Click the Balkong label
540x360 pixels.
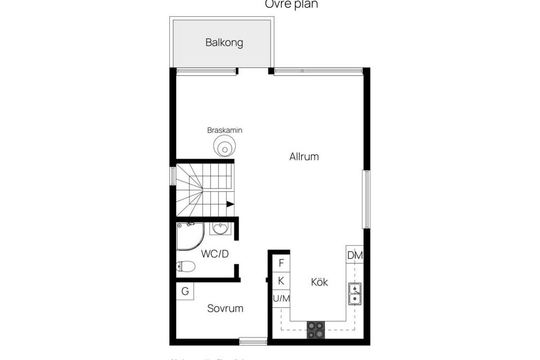click(224, 43)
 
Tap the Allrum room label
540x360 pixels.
click(304, 157)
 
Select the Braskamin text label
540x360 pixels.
click(224, 130)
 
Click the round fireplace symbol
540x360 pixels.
click(224, 148)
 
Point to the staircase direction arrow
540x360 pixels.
click(230, 204)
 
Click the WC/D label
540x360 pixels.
click(215, 254)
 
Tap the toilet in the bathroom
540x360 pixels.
click(186, 267)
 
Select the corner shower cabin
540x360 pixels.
click(189, 235)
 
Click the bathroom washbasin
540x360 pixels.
click(220, 228)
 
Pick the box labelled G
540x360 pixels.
click(185, 291)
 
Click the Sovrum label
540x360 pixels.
click(225, 308)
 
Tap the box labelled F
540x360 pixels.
click(281, 263)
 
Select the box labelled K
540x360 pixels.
click(281, 281)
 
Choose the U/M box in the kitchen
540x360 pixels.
click(281, 299)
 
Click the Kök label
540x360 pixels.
click(319, 282)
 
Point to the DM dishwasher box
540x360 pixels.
click(355, 255)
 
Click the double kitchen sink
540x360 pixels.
click(355, 294)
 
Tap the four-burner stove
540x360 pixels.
click(316, 330)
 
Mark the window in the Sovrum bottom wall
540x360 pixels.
click(253, 341)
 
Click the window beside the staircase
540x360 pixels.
click(173, 176)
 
